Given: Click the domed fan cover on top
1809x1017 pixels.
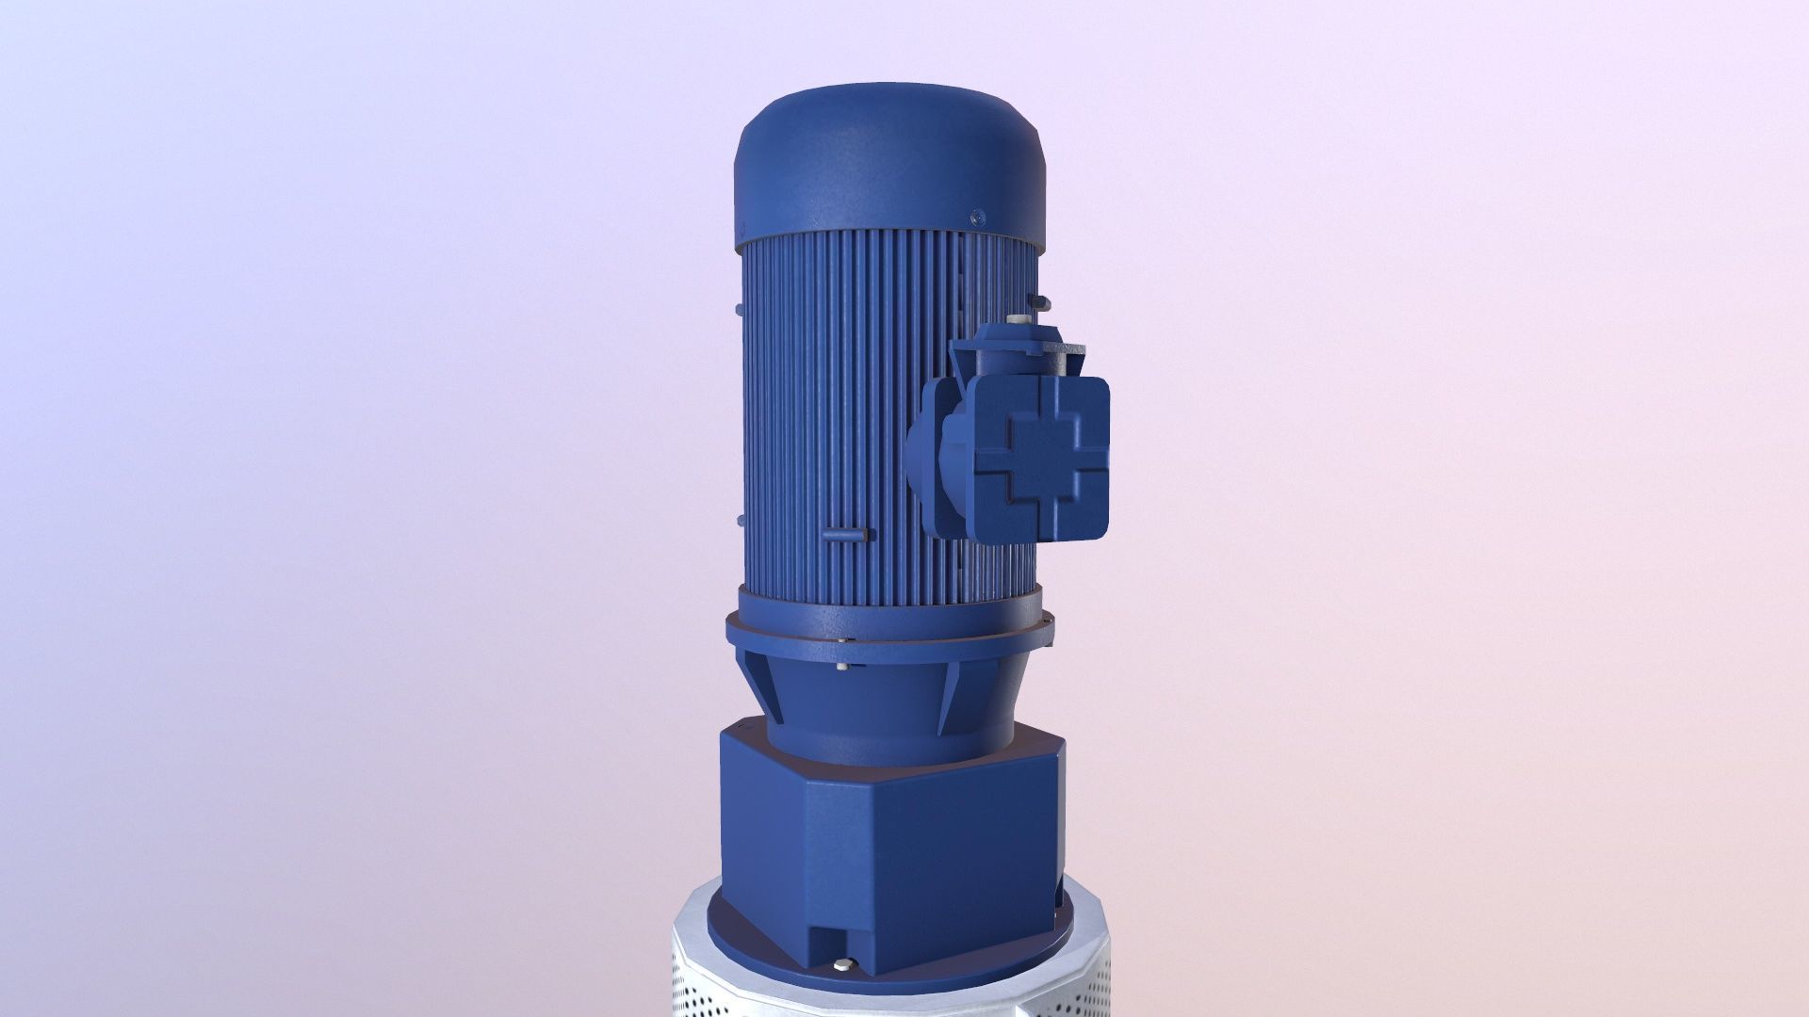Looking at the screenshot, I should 886,165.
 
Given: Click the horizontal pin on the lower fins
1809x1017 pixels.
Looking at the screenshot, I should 842,535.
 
